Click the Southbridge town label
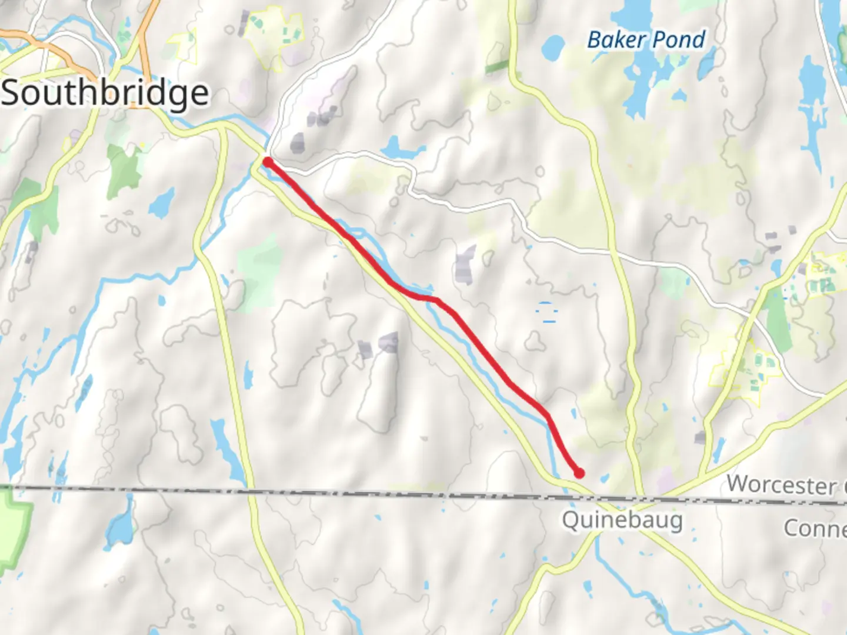pyautogui.click(x=105, y=93)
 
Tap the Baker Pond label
pyautogui.click(x=646, y=40)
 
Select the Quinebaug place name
pyautogui.click(x=622, y=520)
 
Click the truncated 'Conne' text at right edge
pyautogui.click(x=815, y=528)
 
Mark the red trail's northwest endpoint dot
pyautogui.click(x=267, y=162)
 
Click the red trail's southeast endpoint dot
pyautogui.click(x=579, y=473)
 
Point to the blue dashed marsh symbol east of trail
pyautogui.click(x=547, y=312)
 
